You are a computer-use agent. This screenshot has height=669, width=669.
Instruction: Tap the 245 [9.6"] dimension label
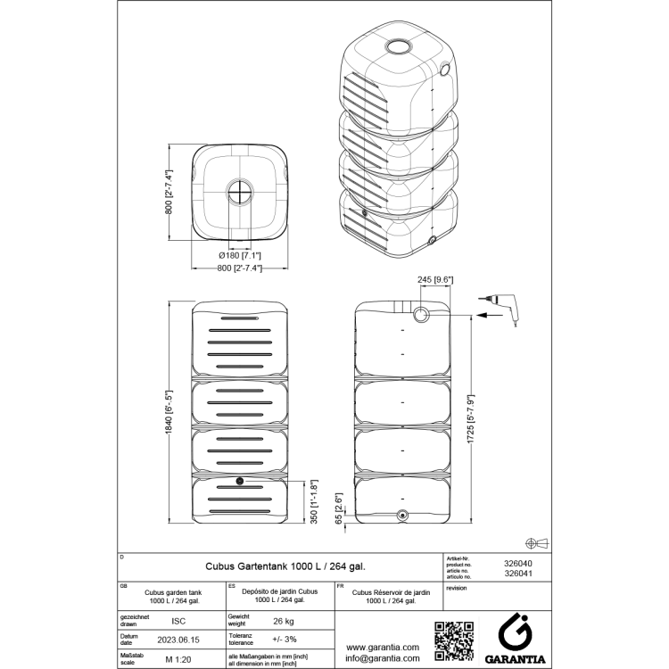(436, 280)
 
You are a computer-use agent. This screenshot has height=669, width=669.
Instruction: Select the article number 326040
(518, 564)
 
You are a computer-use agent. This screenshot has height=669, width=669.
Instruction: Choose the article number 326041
(518, 574)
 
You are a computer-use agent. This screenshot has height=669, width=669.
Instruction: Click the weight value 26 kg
(284, 621)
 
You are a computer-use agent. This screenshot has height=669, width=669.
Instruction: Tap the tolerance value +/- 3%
(284, 640)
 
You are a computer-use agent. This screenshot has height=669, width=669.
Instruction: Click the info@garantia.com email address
(383, 660)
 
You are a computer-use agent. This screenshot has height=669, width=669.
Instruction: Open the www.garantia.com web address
(383, 647)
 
